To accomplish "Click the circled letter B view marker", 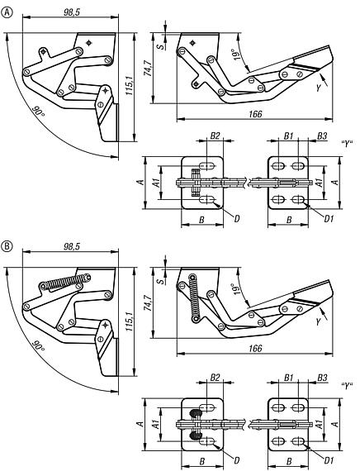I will click(7, 245).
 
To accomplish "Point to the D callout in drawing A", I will click(237, 217).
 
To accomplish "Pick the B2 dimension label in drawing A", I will click(214, 134).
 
